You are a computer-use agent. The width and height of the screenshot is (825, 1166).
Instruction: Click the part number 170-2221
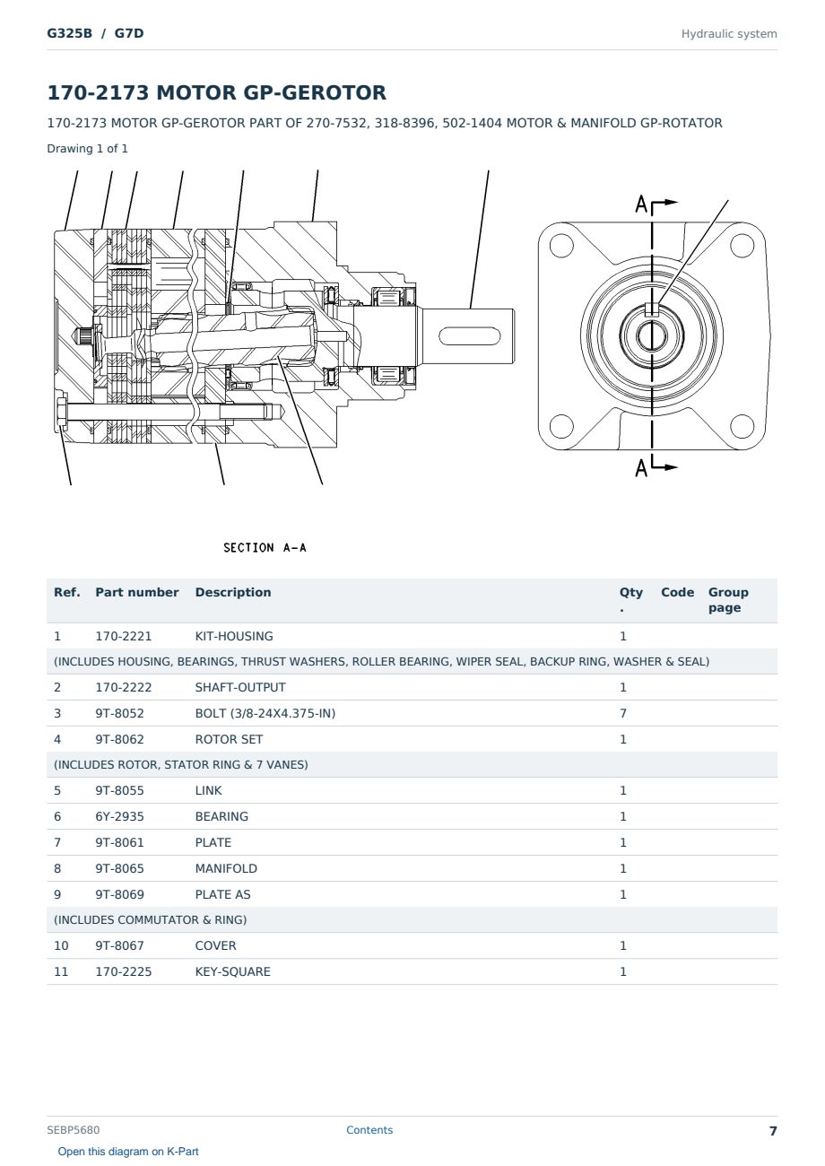[124, 636]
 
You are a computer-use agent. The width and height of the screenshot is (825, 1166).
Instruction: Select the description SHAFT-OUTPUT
[240, 687]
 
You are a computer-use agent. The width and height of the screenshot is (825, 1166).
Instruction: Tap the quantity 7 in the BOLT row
[623, 713]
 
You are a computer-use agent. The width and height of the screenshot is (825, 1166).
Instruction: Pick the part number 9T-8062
[120, 739]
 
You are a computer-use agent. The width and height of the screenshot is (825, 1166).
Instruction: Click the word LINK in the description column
[208, 790]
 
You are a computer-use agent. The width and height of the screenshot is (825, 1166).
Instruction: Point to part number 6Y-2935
[120, 816]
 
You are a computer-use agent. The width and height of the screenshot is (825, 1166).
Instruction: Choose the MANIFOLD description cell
[226, 868]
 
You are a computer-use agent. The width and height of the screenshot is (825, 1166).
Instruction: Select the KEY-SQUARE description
[232, 971]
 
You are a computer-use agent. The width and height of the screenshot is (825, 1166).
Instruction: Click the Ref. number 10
[61, 945]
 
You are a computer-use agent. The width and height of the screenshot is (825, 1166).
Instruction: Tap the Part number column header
[137, 592]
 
